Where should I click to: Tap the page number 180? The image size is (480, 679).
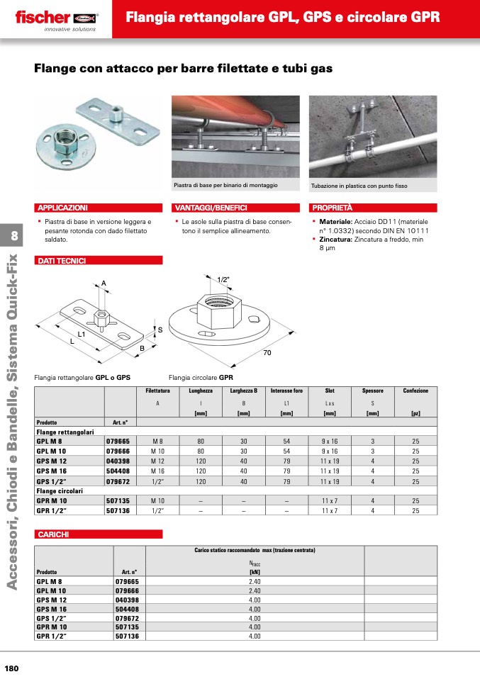pos(12,668)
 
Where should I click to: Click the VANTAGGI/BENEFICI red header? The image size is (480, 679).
pos(212,208)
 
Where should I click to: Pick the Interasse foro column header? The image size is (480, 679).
pos(286,391)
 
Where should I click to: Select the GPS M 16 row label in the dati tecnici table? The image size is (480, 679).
pos(51,471)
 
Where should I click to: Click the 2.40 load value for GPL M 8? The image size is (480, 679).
pos(255,580)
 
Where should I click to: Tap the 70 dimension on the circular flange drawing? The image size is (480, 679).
pos(267,352)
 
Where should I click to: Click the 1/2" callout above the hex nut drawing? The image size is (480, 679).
pos(223,279)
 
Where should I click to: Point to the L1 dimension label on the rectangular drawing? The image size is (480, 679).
pos(82,333)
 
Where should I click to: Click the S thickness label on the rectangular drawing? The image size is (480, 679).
pos(160,330)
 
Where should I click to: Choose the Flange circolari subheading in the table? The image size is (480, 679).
pos(60,490)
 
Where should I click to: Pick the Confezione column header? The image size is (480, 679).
pos(415,391)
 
